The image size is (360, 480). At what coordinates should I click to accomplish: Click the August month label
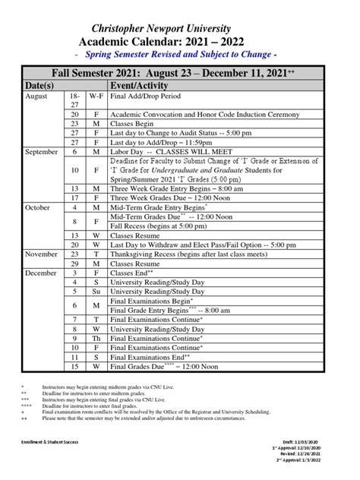pyautogui.click(x=36, y=98)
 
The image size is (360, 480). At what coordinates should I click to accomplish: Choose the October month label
pyautogui.click(x=38, y=207)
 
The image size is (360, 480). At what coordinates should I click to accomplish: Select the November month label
pyautogui.click(x=41, y=254)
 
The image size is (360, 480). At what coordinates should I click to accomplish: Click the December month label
pyautogui.click(x=41, y=272)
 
